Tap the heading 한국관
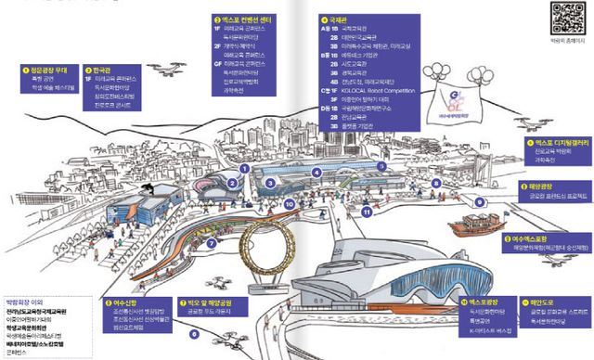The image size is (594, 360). [102, 69]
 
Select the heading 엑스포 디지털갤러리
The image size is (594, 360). [553, 144]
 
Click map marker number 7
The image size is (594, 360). [212, 243]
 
